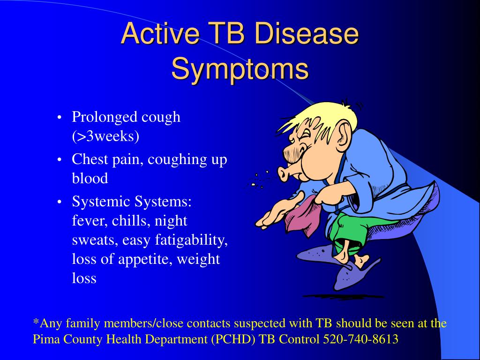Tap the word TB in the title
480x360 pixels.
coord(225,33)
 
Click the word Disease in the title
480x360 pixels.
coord(306,33)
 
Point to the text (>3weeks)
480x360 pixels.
coord(105,136)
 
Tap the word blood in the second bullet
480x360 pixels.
coord(90,178)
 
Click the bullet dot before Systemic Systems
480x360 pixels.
coord(60,202)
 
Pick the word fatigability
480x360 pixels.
coord(191,240)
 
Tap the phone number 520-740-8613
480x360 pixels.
coord(360,339)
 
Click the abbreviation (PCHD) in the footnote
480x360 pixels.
coord(233,339)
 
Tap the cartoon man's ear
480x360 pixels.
coord(345,134)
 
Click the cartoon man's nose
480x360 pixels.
coord(286,173)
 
